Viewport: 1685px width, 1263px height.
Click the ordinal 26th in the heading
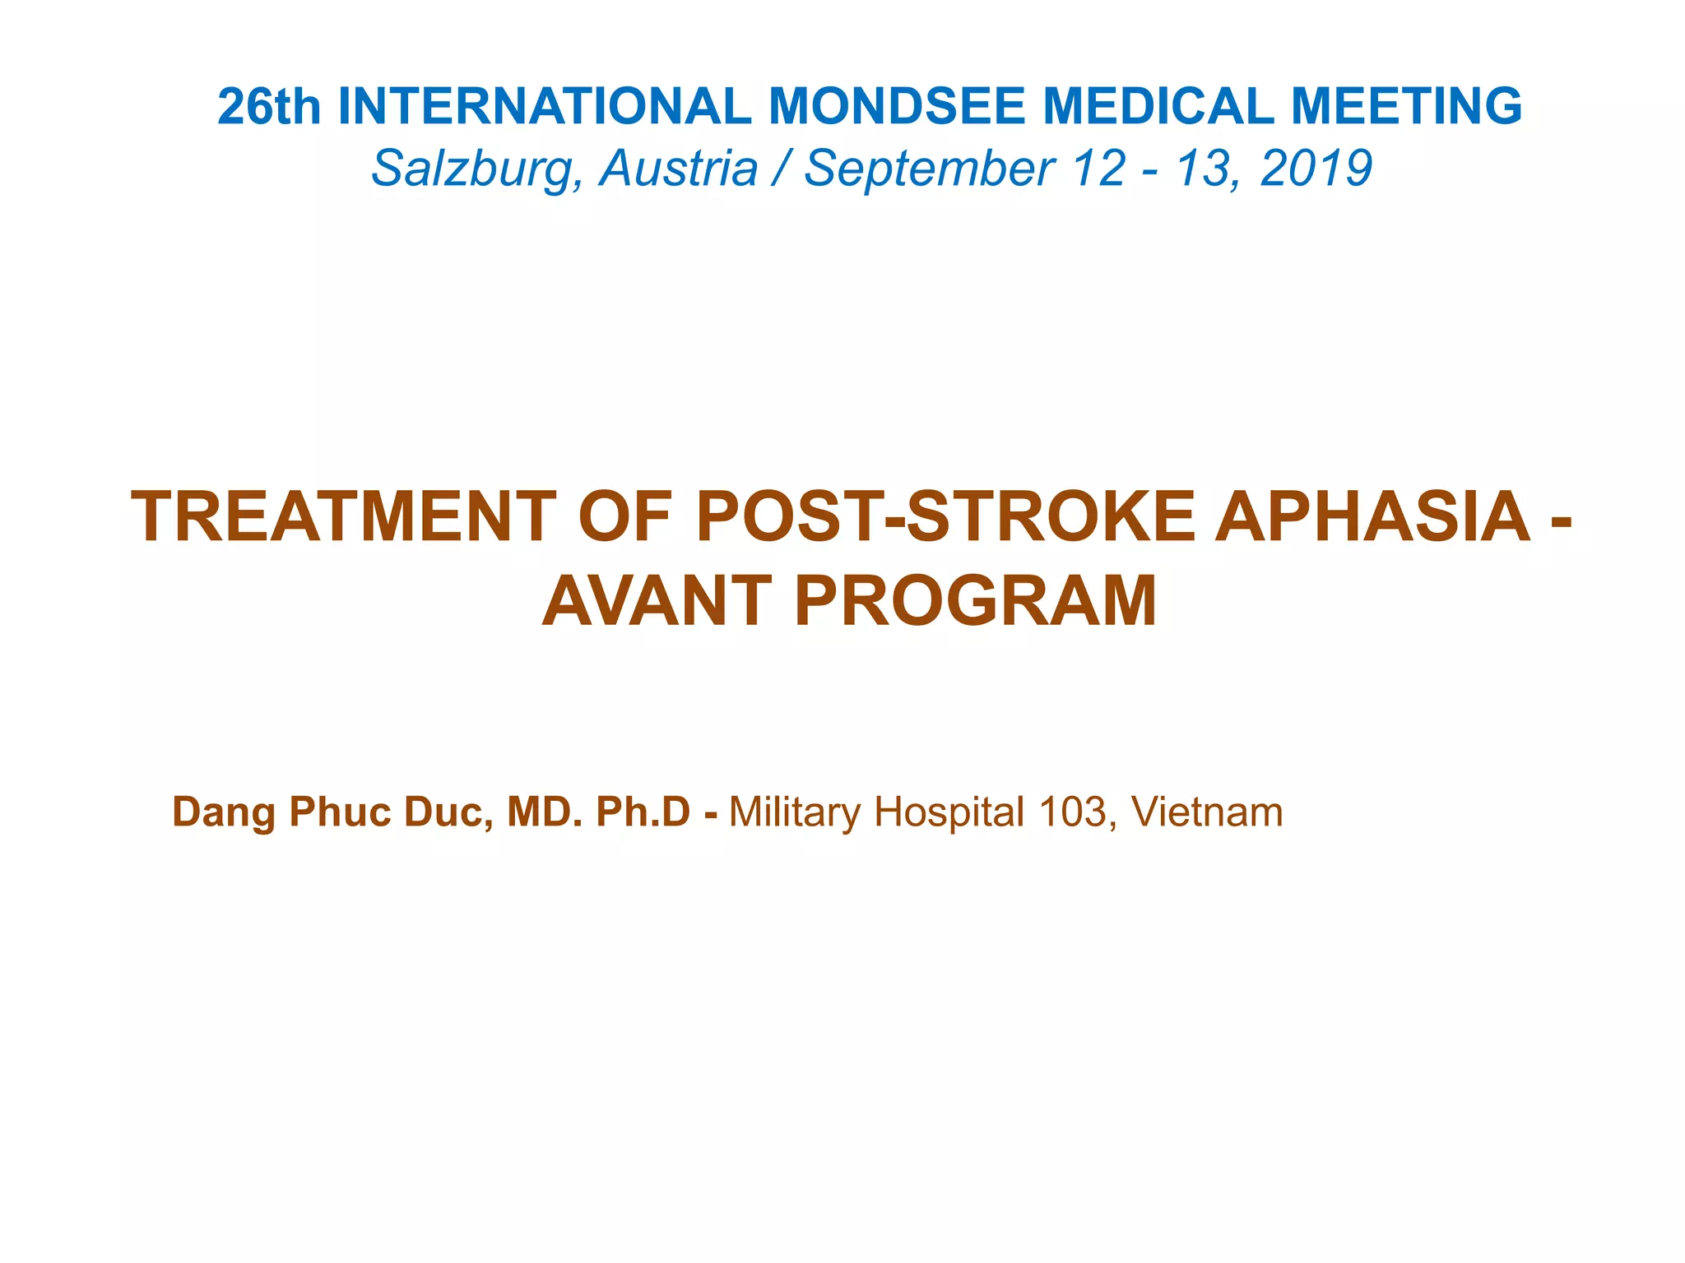point(269,107)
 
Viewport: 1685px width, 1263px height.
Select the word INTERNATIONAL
point(544,107)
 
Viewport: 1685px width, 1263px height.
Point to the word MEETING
point(1406,107)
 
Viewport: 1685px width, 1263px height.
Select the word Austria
point(678,169)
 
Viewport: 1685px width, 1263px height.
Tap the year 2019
point(1316,169)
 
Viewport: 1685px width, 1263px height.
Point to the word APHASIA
point(1372,517)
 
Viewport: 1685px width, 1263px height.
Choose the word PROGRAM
point(977,601)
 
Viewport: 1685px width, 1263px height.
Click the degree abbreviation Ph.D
point(643,812)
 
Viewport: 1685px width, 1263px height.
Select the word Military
point(795,812)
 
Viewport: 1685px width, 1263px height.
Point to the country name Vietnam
point(1207,812)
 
